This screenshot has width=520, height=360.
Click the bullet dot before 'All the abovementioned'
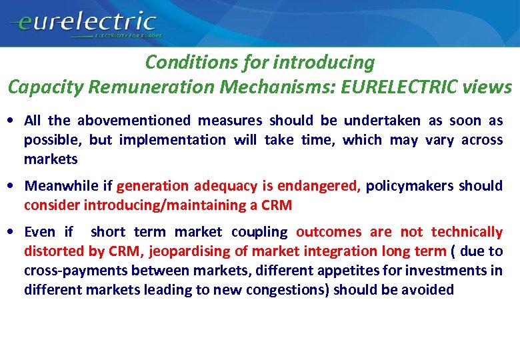click(14, 121)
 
